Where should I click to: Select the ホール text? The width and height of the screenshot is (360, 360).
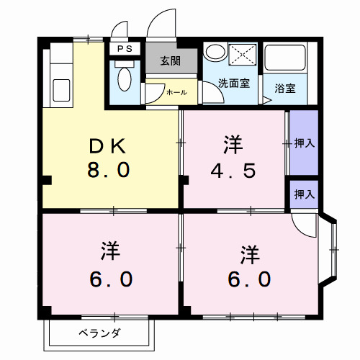(x=176, y=92)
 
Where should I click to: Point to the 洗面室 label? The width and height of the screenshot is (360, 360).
(x=235, y=82)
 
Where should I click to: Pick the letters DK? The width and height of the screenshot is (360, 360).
(x=109, y=145)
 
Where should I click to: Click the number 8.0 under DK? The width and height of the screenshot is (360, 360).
(x=109, y=171)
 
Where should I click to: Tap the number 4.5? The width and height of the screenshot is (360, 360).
(x=232, y=171)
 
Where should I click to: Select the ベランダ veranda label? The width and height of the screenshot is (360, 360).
(x=100, y=333)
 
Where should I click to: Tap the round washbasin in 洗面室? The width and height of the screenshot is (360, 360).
(x=214, y=53)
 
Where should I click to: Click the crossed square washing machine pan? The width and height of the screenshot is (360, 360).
(x=243, y=54)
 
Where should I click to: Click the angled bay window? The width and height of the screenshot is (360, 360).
(x=331, y=248)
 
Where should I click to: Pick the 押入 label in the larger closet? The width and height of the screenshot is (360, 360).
(x=305, y=143)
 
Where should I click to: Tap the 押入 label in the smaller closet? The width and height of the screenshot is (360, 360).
(x=305, y=194)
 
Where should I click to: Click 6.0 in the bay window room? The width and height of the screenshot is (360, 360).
(x=250, y=279)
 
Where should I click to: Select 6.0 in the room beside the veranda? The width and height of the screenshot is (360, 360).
(x=109, y=279)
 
